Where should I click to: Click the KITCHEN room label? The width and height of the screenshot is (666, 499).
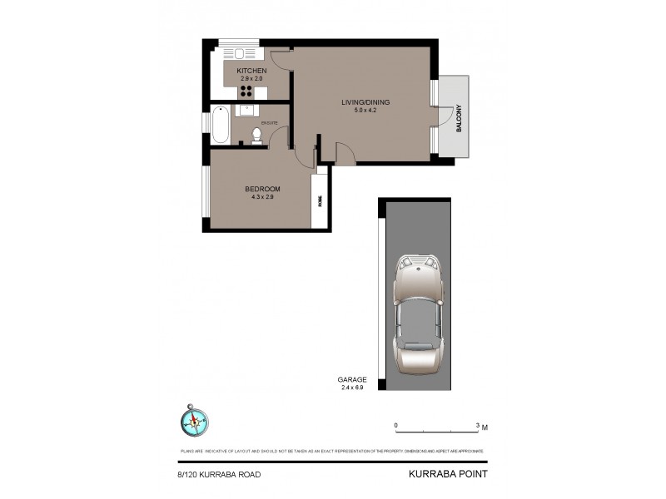click(251, 72)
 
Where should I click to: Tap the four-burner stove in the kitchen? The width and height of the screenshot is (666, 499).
click(247, 91)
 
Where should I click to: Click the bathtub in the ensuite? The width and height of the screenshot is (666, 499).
click(221, 126)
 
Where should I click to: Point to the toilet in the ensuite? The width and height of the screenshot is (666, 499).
click(256, 136)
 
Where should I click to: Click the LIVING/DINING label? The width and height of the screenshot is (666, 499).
click(365, 102)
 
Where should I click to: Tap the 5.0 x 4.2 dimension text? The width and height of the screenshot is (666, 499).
click(365, 111)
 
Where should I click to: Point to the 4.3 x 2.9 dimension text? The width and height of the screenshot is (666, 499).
click(260, 197)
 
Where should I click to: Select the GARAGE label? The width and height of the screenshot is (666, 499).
click(353, 379)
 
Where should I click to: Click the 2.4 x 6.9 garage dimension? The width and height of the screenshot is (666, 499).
click(353, 388)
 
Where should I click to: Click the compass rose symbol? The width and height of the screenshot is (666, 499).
click(195, 421)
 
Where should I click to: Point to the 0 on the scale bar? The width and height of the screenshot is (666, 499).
click(396, 425)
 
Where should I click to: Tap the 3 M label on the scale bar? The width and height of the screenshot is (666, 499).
click(481, 426)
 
